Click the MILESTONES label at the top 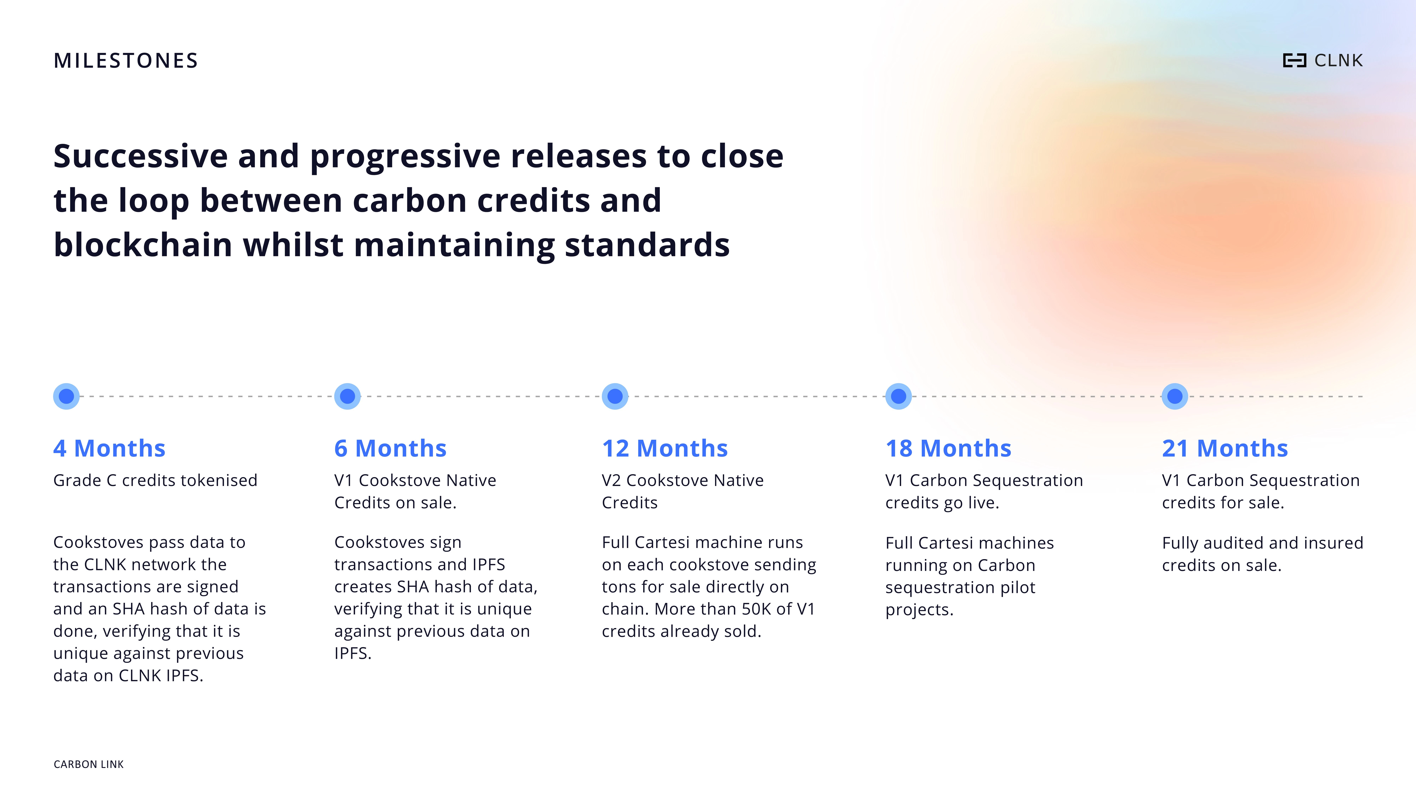[125, 61]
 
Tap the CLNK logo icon [1294, 61]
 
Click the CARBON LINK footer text [88, 764]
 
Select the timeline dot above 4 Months [67, 396]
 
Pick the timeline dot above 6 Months [347, 396]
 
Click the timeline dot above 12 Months [615, 396]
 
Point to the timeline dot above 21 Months [1175, 396]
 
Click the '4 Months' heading [109, 448]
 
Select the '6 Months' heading [390, 448]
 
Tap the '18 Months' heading [948, 448]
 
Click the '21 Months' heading [1225, 448]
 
